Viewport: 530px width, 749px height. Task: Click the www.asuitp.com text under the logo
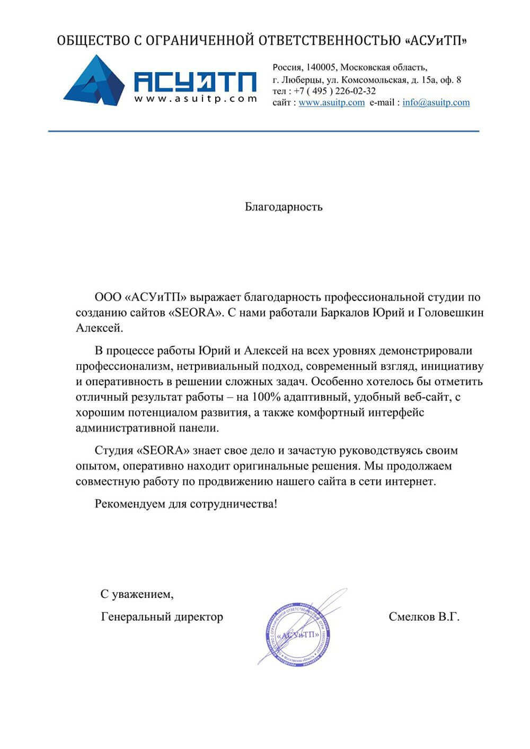click(195, 99)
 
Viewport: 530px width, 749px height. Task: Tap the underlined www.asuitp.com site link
click(331, 103)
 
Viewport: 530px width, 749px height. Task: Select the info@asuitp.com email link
click(436, 103)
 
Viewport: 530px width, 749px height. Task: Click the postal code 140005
click(320, 68)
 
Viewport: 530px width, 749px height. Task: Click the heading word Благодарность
click(284, 207)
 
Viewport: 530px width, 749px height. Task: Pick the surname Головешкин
click(451, 313)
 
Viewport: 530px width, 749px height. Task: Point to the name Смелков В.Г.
click(423, 617)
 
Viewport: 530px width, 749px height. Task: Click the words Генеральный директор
click(162, 617)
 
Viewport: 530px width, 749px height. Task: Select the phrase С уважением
click(137, 594)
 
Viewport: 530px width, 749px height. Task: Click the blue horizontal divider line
click(263, 131)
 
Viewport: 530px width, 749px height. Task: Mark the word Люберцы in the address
click(299, 80)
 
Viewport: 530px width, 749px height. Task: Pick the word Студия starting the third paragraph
click(114, 451)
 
